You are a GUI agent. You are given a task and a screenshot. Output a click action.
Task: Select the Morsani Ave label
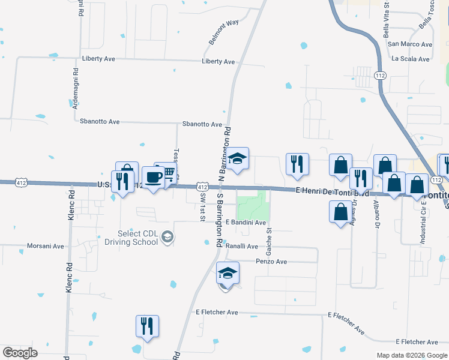coord(46,246)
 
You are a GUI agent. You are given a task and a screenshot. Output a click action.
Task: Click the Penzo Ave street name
coord(271,262)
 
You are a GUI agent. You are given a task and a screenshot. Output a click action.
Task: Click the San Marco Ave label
coord(410,44)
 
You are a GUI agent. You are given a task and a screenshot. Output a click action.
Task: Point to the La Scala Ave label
coord(411,59)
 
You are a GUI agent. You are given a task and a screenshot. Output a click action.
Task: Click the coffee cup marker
coord(153,178)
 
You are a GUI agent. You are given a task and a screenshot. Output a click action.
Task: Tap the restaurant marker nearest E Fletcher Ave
coord(147,326)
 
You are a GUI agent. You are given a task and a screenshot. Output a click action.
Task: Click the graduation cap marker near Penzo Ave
coord(228,273)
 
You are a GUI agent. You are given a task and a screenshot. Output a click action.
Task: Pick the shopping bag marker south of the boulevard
coord(340,212)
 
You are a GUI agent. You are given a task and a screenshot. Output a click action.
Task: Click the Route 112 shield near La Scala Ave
coord(379,76)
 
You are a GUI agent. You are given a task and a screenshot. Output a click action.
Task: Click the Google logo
coord(20,353)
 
